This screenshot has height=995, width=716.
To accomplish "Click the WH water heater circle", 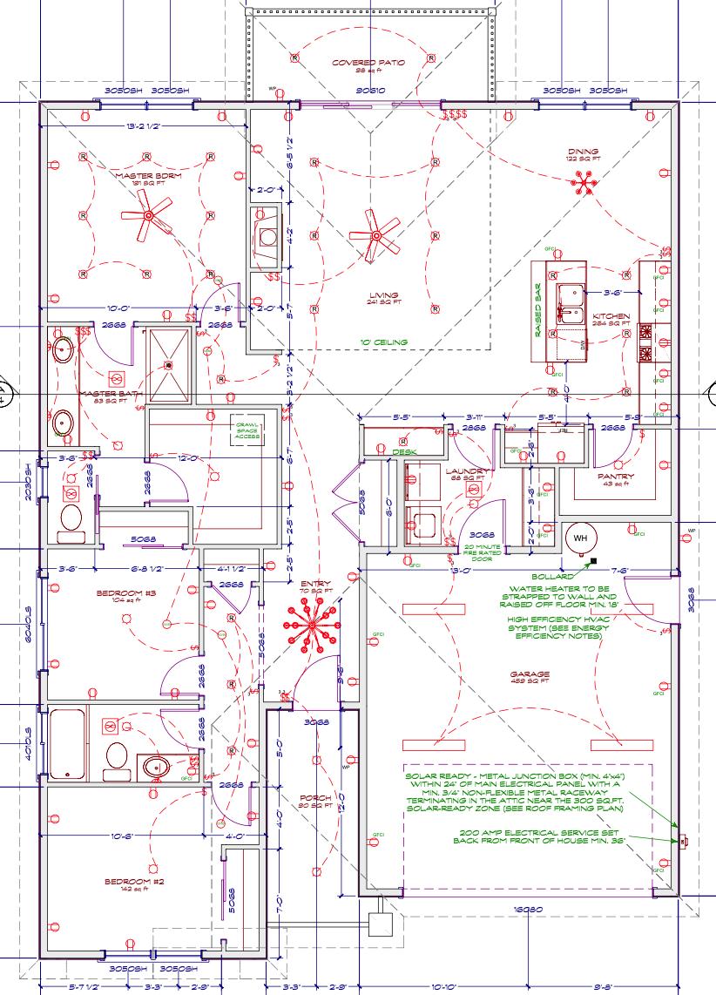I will click(578, 538).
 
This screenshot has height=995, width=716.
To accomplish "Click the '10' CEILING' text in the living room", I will click(383, 342).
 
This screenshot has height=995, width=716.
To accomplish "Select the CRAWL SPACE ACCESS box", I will click(247, 430).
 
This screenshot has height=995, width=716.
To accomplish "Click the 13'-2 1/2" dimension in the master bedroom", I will click(144, 126).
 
